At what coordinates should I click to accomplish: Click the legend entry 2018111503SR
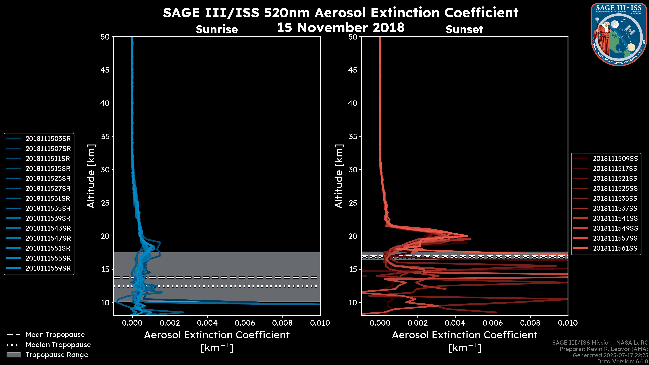(x=48, y=139)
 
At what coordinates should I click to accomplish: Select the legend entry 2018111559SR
(x=48, y=268)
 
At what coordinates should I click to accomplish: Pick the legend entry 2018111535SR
(x=48, y=208)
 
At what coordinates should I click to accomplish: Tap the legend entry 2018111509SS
(x=615, y=159)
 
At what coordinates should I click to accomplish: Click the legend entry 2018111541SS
(x=615, y=218)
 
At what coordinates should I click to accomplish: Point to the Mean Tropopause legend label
(x=55, y=335)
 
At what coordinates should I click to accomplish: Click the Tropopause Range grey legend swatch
(x=14, y=355)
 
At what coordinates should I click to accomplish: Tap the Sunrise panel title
(x=217, y=29)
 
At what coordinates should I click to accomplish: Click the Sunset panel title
(x=464, y=29)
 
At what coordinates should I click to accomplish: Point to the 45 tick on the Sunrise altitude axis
(x=105, y=70)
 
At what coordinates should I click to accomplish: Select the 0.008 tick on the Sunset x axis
(x=530, y=323)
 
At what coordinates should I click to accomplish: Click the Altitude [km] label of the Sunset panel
(x=339, y=176)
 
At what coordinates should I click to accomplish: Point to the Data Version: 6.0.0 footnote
(x=623, y=362)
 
